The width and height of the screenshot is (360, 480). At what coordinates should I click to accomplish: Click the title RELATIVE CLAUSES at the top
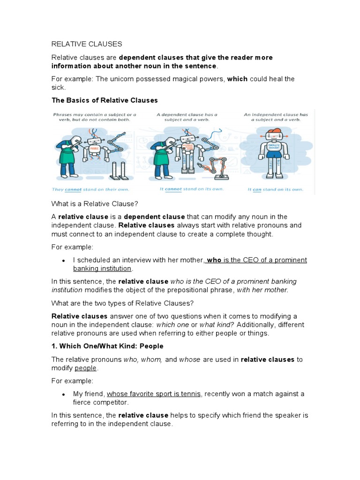click(86, 44)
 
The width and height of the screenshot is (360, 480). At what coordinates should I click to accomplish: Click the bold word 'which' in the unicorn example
click(237, 79)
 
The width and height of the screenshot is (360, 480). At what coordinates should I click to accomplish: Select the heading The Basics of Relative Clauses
click(105, 100)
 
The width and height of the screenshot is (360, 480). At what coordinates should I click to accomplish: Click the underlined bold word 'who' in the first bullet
click(214, 260)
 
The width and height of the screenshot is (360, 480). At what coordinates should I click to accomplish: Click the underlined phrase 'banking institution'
click(102, 269)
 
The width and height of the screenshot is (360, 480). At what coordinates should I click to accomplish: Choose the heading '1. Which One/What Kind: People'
click(107, 346)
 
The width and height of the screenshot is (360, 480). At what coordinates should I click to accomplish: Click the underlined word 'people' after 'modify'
click(86, 368)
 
